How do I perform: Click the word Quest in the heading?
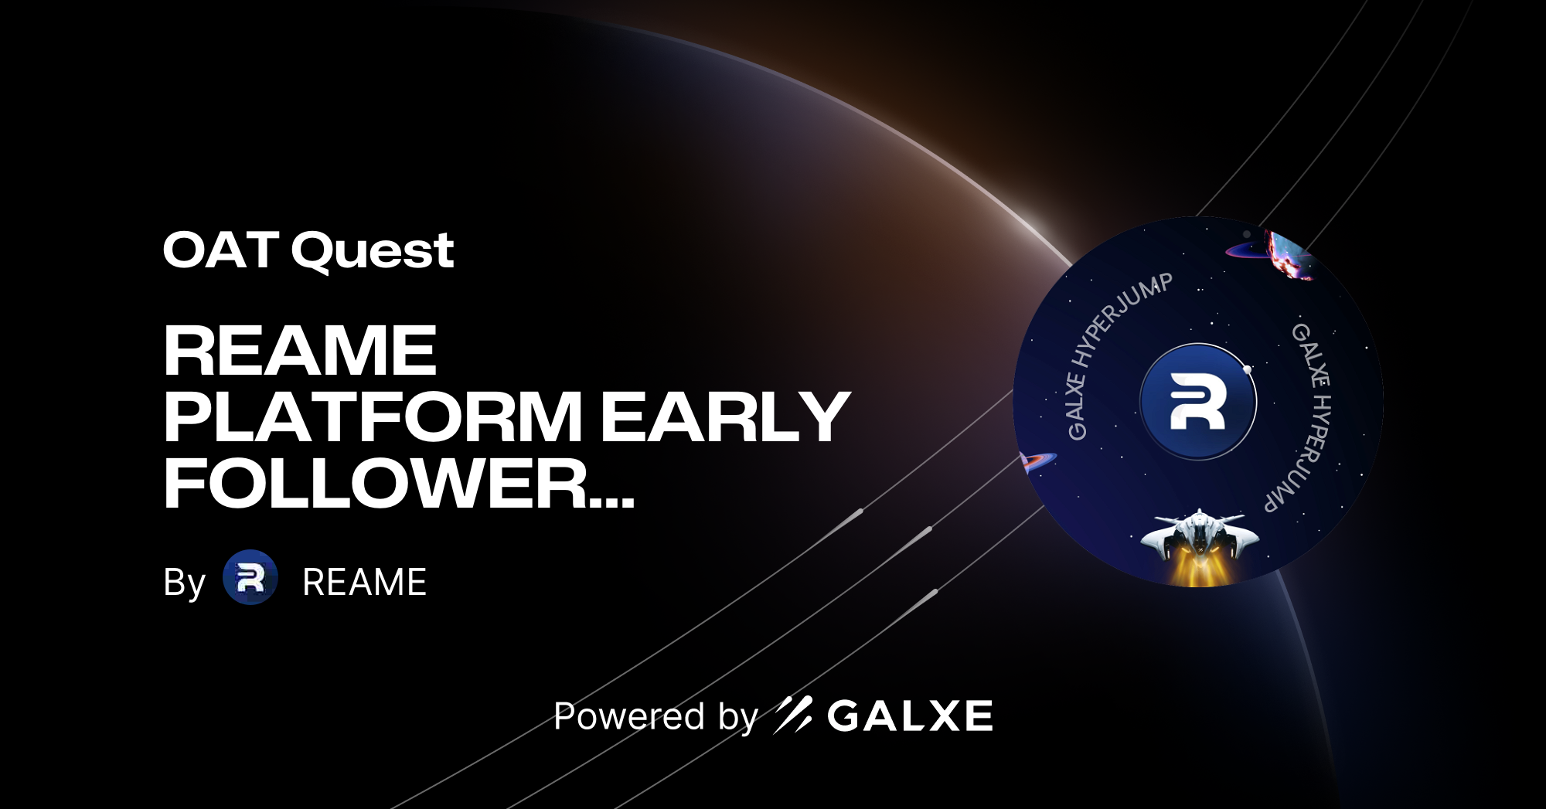373,252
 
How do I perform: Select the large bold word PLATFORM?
373,417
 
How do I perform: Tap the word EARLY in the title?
725,417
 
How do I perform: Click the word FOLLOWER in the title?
376,484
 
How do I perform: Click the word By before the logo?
184,583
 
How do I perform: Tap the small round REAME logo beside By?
250,577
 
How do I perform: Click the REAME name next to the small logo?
364,583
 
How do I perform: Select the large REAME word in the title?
300,351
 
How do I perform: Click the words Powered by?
656,716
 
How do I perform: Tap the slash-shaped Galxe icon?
793,715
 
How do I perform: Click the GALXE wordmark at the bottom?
910,716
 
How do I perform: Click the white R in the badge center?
1197,401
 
